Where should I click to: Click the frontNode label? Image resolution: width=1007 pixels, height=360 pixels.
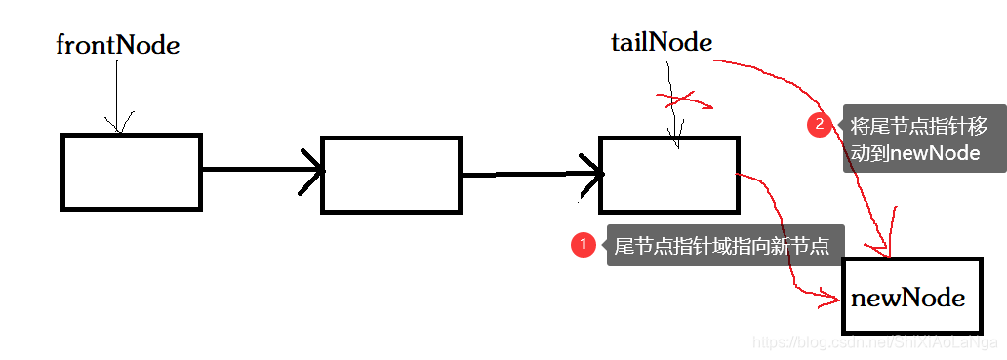click(x=117, y=45)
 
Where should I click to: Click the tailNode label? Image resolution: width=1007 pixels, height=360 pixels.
click(x=661, y=42)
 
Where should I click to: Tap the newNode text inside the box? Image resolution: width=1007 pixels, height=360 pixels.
click(x=907, y=298)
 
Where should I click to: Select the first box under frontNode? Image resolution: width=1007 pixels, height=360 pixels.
click(x=131, y=172)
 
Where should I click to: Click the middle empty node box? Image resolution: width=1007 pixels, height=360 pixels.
click(x=390, y=175)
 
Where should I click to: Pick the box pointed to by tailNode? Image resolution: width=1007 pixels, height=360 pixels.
click(x=668, y=176)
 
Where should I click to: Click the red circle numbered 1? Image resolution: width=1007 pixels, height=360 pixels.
click(x=583, y=245)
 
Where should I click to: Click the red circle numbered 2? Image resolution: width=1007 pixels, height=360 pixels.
click(x=819, y=125)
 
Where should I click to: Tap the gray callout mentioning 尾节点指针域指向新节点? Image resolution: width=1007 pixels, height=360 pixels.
click(x=722, y=246)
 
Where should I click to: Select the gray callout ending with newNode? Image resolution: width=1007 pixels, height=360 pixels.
click(x=922, y=139)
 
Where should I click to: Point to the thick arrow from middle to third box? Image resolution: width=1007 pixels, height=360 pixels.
click(x=527, y=176)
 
